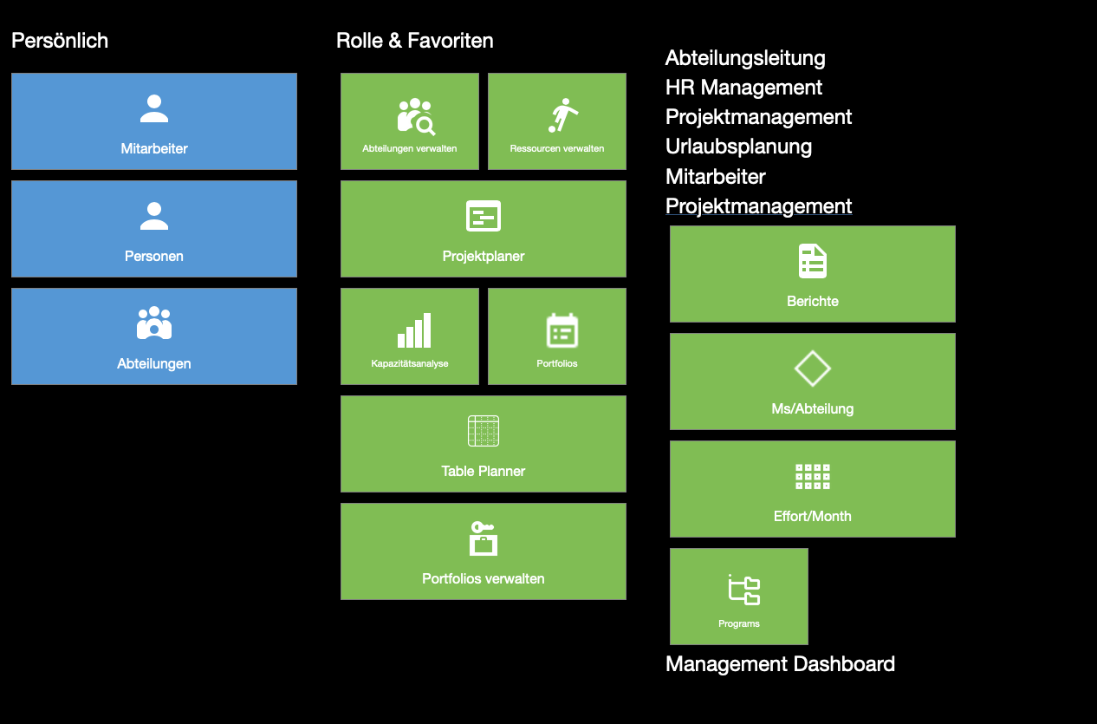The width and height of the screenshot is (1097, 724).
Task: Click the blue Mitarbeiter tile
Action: pos(153,121)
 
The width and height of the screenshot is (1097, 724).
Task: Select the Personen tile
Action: pos(153,228)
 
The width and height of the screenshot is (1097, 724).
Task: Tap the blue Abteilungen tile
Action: pos(153,336)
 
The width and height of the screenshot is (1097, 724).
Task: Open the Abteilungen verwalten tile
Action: pos(409,121)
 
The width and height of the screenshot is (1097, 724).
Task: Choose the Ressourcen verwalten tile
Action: pos(557,121)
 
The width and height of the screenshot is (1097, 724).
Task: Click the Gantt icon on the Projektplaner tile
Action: pos(484,216)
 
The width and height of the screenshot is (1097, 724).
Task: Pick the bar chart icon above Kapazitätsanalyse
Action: pos(414,330)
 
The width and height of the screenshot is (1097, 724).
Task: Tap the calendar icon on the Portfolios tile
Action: pos(561,330)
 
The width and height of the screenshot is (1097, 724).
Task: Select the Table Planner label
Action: pos(484,471)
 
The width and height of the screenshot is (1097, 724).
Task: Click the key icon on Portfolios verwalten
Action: pos(483,527)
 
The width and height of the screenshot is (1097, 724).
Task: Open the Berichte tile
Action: pos(813,274)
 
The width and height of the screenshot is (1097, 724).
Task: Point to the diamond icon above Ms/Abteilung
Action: pos(813,369)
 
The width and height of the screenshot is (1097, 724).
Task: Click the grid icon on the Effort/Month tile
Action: pos(813,477)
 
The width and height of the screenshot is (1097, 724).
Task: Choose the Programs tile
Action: pos(739,597)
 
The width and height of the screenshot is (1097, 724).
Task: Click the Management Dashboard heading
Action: pos(780,664)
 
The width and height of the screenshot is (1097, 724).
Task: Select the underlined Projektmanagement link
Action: pos(758,206)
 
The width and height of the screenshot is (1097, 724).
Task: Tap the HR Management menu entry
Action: pos(743,88)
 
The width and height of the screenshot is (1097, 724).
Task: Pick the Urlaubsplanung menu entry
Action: pos(738,147)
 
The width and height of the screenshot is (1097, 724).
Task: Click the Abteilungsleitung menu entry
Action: pos(745,58)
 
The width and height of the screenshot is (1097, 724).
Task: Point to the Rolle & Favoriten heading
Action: pos(415,41)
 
